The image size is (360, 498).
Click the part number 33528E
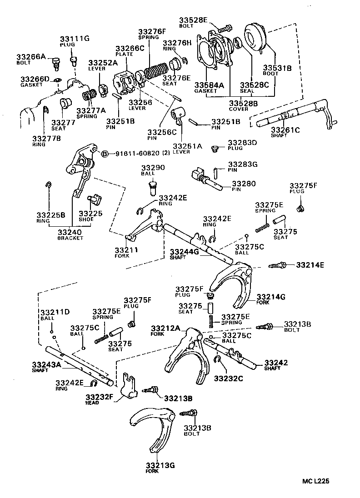click(193, 20)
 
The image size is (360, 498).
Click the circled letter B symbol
click(104, 154)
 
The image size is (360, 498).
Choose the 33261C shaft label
click(285, 130)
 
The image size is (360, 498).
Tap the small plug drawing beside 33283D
click(216, 148)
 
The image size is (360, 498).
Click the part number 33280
click(244, 184)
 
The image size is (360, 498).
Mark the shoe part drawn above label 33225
click(95, 199)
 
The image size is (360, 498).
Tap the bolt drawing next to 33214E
click(278, 264)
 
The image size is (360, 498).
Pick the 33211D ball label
click(55, 312)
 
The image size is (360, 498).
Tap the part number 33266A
click(31, 57)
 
